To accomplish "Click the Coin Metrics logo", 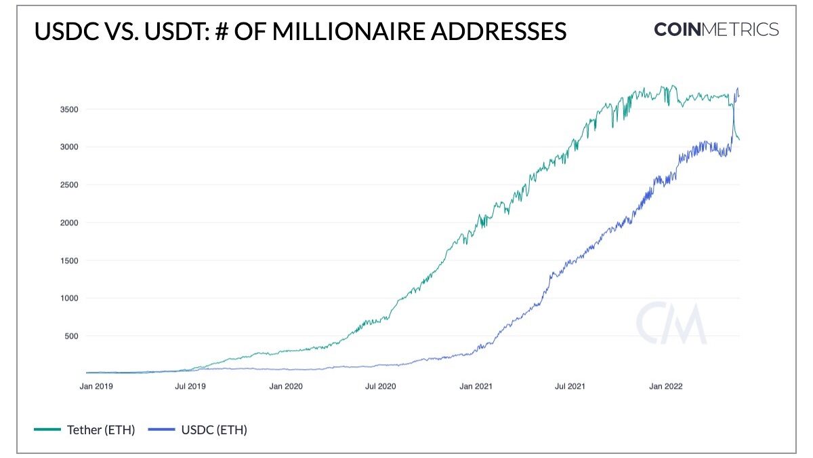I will [x=716, y=30].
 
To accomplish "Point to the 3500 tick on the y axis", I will [x=70, y=109].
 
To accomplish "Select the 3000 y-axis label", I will [x=70, y=147].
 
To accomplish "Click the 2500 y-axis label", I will [x=70, y=185].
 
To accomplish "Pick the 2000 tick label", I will [x=70, y=223].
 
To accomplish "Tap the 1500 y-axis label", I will [x=70, y=261].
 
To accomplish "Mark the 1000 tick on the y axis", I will [x=70, y=298].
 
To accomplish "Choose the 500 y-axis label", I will [x=72, y=336].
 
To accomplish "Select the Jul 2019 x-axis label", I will [x=190, y=387].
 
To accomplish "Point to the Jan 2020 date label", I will [x=286, y=387].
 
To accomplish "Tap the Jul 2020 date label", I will [x=380, y=387].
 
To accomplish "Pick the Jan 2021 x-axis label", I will [x=476, y=387].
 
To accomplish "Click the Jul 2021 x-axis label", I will [x=570, y=387].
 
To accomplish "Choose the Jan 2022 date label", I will [x=665, y=387].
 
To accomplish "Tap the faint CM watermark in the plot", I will [x=671, y=324].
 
